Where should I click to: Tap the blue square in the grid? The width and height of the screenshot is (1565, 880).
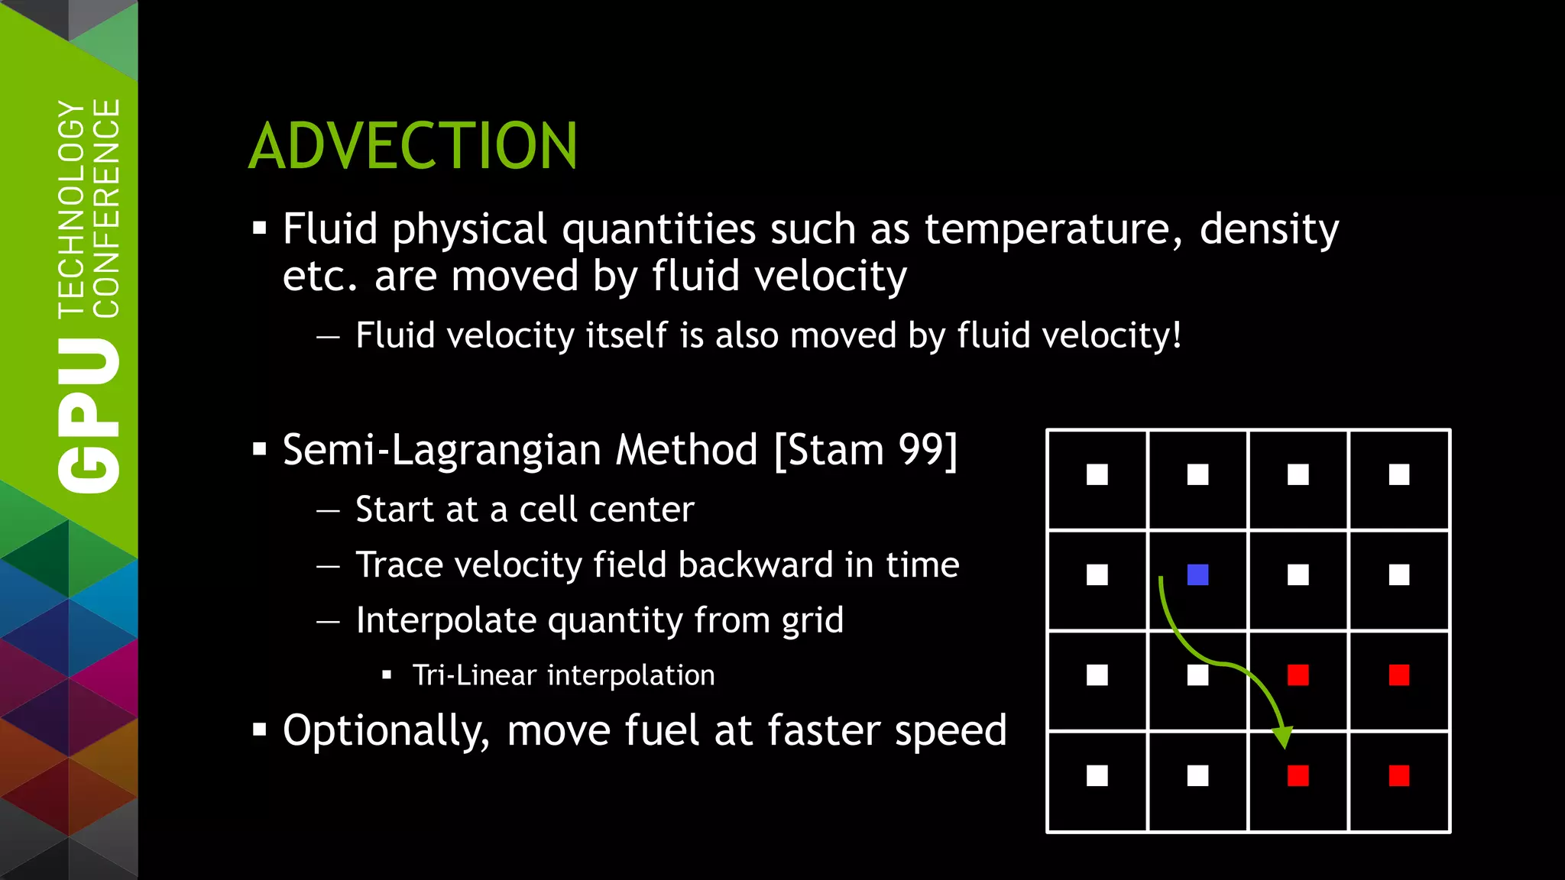1197,574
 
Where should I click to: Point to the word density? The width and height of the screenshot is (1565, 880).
1269,229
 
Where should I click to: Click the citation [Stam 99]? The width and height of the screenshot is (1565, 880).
865,450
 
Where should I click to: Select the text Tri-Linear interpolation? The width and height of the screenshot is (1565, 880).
563,675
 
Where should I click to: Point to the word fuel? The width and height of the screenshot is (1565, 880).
662,730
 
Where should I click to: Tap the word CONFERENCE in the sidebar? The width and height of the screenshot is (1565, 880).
106,208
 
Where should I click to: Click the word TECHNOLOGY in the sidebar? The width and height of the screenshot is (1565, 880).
72,208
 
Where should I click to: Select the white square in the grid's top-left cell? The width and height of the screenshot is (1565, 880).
1097,474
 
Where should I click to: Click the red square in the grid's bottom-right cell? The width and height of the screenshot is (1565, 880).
1398,775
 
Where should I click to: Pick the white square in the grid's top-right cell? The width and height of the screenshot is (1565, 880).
1398,474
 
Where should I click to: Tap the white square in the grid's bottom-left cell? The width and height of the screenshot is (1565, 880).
1097,775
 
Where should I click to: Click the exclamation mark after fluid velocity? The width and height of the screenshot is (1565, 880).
1177,335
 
